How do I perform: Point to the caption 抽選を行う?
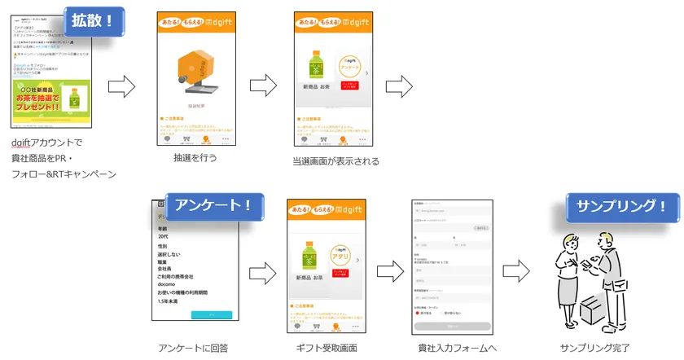coord(195,157)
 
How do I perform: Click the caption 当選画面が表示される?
coord(336,160)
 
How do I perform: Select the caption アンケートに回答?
coord(193,348)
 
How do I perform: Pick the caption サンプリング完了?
coord(595,348)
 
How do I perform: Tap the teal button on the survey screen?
coord(211,314)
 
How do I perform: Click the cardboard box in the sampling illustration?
coord(594,309)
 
